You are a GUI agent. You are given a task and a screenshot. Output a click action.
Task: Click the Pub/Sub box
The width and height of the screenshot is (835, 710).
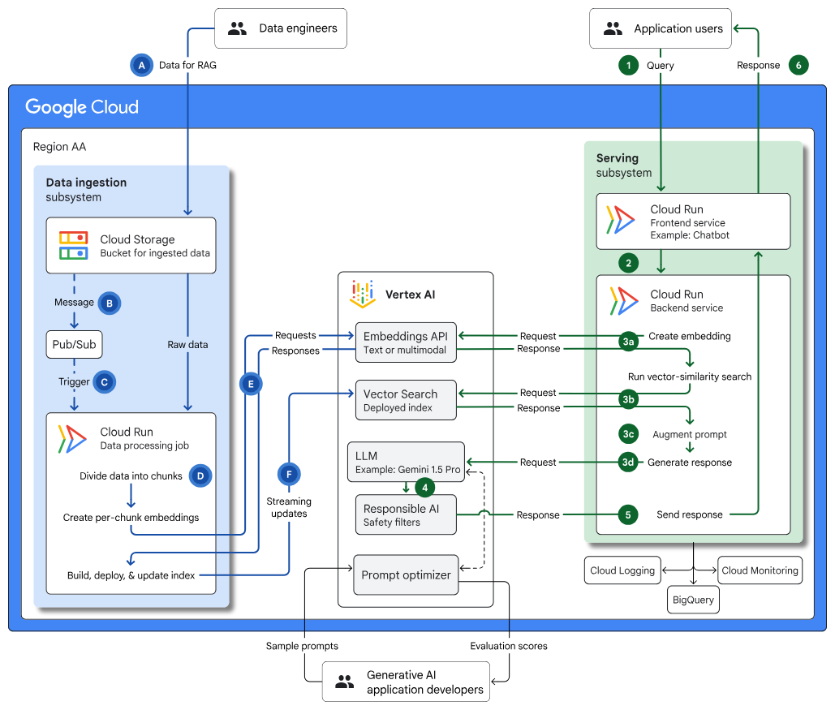click(x=74, y=344)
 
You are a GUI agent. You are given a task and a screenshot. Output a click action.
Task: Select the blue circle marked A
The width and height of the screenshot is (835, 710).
click(x=142, y=65)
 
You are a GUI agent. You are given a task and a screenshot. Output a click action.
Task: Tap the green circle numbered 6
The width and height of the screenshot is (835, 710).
click(x=798, y=65)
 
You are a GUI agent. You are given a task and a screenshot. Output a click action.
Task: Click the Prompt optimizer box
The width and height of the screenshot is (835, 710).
click(x=406, y=574)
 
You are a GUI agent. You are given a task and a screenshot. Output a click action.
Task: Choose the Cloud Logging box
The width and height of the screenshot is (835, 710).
click(x=623, y=570)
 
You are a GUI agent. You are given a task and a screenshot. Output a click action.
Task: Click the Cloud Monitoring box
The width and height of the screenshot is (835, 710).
click(x=760, y=570)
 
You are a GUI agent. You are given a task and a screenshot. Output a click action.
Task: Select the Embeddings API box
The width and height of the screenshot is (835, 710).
click(x=406, y=343)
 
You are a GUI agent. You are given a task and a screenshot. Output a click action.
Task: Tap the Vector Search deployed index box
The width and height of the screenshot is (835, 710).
click(x=406, y=400)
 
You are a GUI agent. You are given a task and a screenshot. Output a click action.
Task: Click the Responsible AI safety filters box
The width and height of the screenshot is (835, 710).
click(x=406, y=515)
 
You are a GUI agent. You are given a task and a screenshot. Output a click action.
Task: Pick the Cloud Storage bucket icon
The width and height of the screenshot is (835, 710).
click(x=73, y=245)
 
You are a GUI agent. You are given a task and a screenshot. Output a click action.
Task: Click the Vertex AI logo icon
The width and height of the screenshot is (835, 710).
click(x=363, y=294)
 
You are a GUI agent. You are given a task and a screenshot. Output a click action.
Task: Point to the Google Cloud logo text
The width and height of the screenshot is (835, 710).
click(x=82, y=107)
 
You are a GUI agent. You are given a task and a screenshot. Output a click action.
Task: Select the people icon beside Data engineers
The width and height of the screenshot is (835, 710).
click(x=237, y=28)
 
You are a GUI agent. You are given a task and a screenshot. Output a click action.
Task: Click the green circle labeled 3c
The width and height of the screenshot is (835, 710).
click(x=627, y=434)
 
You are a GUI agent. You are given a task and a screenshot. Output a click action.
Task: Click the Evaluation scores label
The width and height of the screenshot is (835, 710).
click(x=508, y=646)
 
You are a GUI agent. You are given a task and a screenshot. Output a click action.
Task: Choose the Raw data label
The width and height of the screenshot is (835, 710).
click(x=187, y=344)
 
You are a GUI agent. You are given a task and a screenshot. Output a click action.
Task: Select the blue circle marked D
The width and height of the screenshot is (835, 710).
click(x=200, y=475)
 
